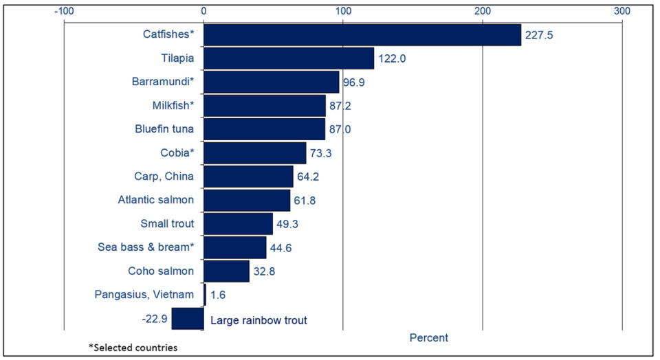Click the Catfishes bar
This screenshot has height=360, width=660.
[362, 34]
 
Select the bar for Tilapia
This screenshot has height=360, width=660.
[289, 58]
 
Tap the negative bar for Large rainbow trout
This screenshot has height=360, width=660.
[188, 319]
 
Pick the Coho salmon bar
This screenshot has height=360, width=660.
[226, 271]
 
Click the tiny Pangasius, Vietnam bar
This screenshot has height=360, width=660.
[205, 295]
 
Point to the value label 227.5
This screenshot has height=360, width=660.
[540, 35]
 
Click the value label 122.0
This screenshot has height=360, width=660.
[392, 59]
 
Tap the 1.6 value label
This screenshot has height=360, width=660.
[217, 295]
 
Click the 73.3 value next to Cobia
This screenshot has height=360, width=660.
[320, 153]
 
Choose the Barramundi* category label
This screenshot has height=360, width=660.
[163, 82]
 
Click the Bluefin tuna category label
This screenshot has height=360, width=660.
[164, 129]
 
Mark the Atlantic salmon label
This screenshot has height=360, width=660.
[156, 200]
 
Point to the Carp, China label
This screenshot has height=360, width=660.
[164, 177]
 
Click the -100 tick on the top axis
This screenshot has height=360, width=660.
[64, 11]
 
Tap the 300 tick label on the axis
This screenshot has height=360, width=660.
[622, 11]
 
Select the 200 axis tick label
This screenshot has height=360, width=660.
[483, 11]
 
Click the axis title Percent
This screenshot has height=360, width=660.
[428, 338]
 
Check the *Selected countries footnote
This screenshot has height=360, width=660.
[133, 348]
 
